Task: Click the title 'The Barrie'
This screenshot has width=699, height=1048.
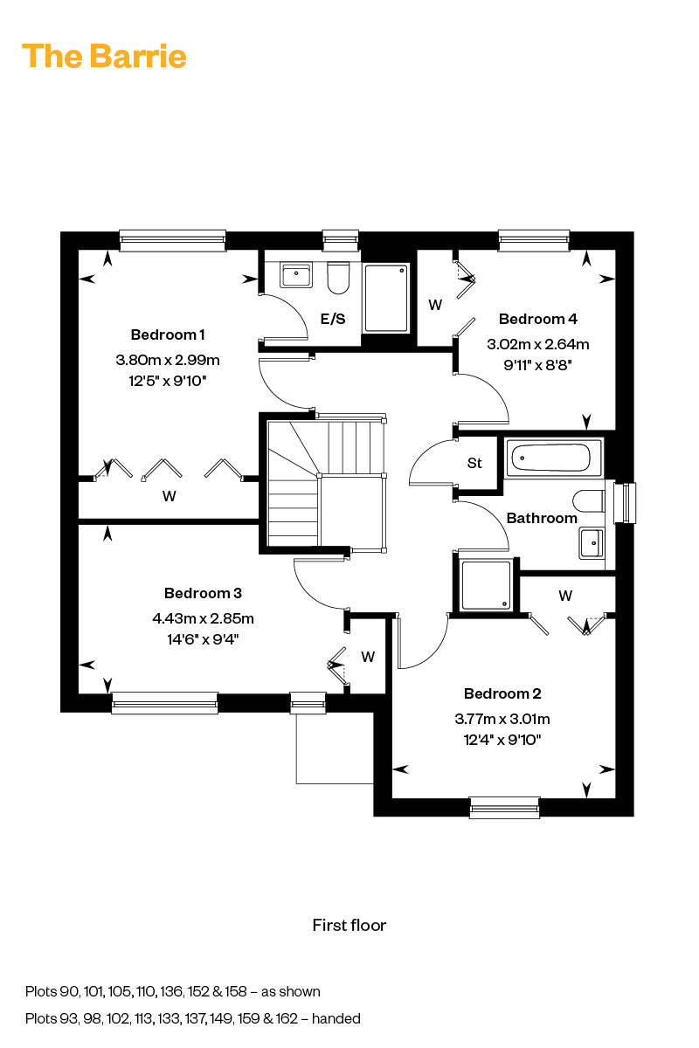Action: (104, 57)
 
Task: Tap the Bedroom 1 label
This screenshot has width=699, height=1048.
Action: (168, 334)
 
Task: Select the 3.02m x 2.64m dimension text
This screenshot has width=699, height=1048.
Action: (538, 344)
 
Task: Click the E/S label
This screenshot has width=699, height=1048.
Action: (333, 319)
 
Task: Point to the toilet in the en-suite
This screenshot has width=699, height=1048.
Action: (338, 278)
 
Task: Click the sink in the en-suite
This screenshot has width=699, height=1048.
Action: (296, 274)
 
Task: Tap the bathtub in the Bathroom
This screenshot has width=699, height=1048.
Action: (553, 458)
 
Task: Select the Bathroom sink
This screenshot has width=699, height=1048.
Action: (592, 542)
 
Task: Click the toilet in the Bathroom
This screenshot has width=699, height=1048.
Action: (589, 501)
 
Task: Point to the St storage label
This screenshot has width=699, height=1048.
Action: (474, 463)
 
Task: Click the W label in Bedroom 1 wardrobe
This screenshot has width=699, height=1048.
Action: (169, 496)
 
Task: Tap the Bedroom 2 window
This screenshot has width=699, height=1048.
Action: (504, 808)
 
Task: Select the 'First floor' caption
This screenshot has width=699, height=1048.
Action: (349, 925)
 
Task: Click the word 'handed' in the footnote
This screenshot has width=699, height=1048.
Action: (336, 1018)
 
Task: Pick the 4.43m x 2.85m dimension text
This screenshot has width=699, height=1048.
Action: (204, 618)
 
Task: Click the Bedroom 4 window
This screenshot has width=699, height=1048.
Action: (534, 241)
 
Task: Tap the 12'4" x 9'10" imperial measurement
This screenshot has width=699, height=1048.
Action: (502, 740)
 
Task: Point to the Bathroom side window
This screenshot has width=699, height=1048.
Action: (625, 503)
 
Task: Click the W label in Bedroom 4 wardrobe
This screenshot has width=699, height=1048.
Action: (435, 305)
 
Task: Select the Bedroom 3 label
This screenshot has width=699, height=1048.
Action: (203, 593)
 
